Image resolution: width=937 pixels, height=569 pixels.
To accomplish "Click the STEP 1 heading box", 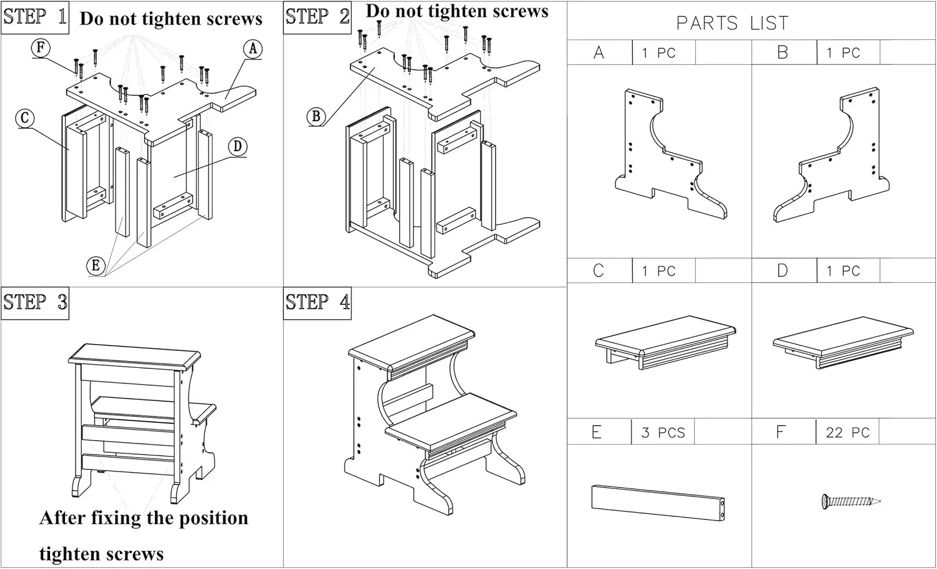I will pyautogui.click(x=35, y=17).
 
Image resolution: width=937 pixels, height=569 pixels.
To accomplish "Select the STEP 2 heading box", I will pyautogui.click(x=317, y=17).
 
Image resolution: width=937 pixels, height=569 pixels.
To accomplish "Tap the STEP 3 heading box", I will pyautogui.click(x=35, y=304).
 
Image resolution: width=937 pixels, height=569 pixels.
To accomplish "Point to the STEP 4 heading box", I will pyautogui.click(x=317, y=304).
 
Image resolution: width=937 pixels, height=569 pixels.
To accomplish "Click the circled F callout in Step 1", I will pyautogui.click(x=41, y=47).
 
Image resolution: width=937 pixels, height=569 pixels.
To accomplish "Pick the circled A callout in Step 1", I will pyautogui.click(x=252, y=49).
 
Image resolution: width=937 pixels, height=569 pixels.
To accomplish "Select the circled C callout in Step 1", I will pyautogui.click(x=25, y=118).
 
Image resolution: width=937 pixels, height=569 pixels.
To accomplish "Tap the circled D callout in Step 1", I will pyautogui.click(x=237, y=147).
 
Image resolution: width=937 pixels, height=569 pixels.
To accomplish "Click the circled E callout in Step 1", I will pyautogui.click(x=96, y=265).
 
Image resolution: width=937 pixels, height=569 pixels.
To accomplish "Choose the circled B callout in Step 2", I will pyautogui.click(x=316, y=116).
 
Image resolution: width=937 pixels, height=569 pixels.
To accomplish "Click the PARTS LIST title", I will pyautogui.click(x=732, y=24).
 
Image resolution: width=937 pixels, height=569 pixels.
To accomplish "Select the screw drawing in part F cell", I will pyautogui.click(x=850, y=501).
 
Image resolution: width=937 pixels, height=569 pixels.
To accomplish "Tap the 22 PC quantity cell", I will pyautogui.click(x=847, y=432).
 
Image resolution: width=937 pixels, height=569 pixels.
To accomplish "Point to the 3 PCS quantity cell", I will pyautogui.click(x=663, y=432).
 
